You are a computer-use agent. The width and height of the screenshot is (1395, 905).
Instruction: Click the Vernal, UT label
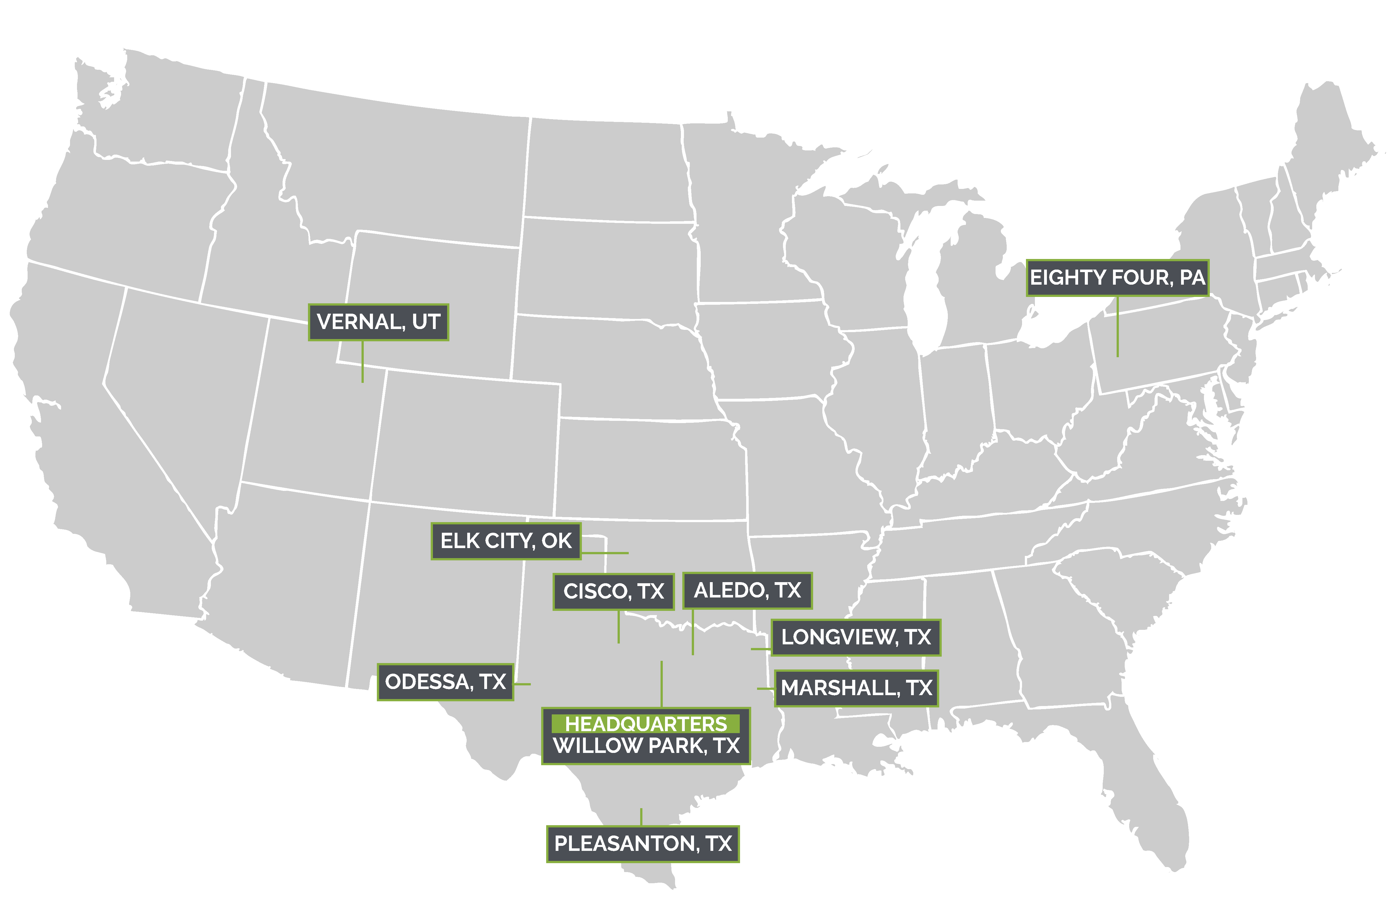(x=378, y=322)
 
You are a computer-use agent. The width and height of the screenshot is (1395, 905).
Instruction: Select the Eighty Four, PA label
(x=1117, y=277)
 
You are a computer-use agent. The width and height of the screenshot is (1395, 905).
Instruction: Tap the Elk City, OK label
(x=506, y=541)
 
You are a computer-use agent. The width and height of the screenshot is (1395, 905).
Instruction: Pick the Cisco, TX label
(x=614, y=591)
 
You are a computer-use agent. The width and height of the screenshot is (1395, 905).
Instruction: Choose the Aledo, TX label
(x=747, y=590)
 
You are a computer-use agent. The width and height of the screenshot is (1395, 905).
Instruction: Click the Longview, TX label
(x=856, y=637)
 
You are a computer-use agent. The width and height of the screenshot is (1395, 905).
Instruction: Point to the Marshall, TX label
(x=856, y=687)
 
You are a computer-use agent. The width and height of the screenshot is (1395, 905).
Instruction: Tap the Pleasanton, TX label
(x=643, y=843)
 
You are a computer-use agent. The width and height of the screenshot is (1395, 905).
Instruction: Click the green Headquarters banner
(x=645, y=724)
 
